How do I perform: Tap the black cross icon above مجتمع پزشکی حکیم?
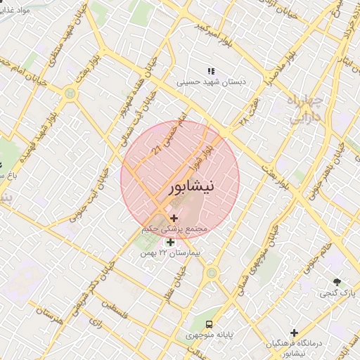click(174, 219)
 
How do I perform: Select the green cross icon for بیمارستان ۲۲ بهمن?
click(169, 243)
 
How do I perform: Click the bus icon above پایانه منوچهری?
click(209, 323)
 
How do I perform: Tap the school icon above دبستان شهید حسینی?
click(210, 71)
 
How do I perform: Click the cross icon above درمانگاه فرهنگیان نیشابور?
click(294, 332)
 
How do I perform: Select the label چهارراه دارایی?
click(305, 110)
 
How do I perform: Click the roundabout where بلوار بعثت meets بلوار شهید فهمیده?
click(70, 91)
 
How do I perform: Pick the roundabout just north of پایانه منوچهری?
click(211, 271)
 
